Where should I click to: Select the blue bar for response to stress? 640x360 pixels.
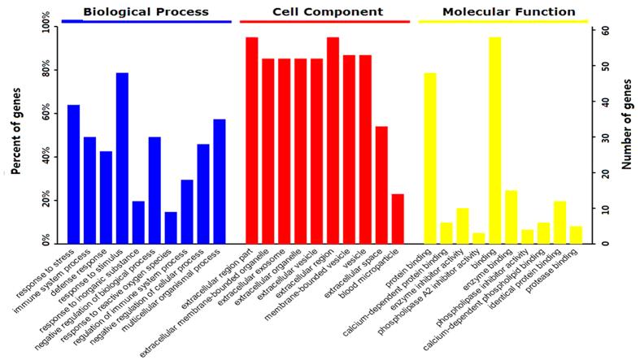point(73,175)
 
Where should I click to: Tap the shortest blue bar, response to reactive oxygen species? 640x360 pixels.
point(171,228)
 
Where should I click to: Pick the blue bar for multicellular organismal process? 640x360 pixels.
point(219,182)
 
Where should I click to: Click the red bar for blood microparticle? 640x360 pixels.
point(398,219)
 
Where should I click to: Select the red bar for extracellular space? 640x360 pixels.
point(381,185)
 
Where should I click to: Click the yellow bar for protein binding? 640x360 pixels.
point(430,158)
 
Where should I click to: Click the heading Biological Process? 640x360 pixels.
point(146,12)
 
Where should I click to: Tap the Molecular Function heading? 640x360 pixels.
point(508,12)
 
